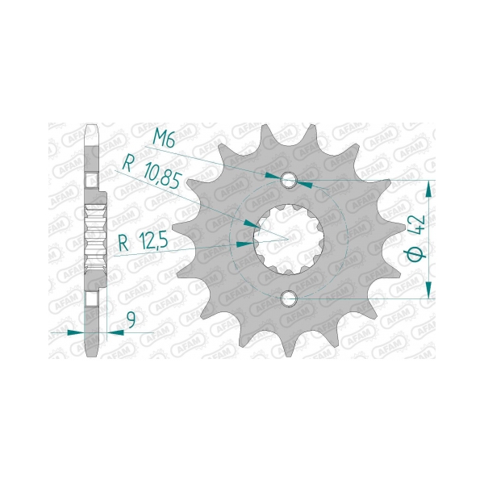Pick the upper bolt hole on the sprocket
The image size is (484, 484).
click(x=290, y=179)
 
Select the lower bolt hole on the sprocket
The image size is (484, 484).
click(x=290, y=299)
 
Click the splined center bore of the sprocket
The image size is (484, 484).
click(x=289, y=239)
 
